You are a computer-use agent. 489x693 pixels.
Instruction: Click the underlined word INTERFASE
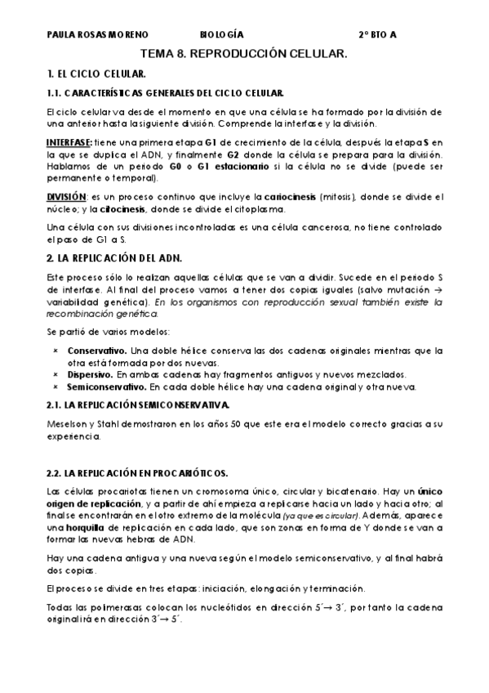click(x=71, y=142)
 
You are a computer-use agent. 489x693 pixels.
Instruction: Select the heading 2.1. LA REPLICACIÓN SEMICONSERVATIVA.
click(x=139, y=405)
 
